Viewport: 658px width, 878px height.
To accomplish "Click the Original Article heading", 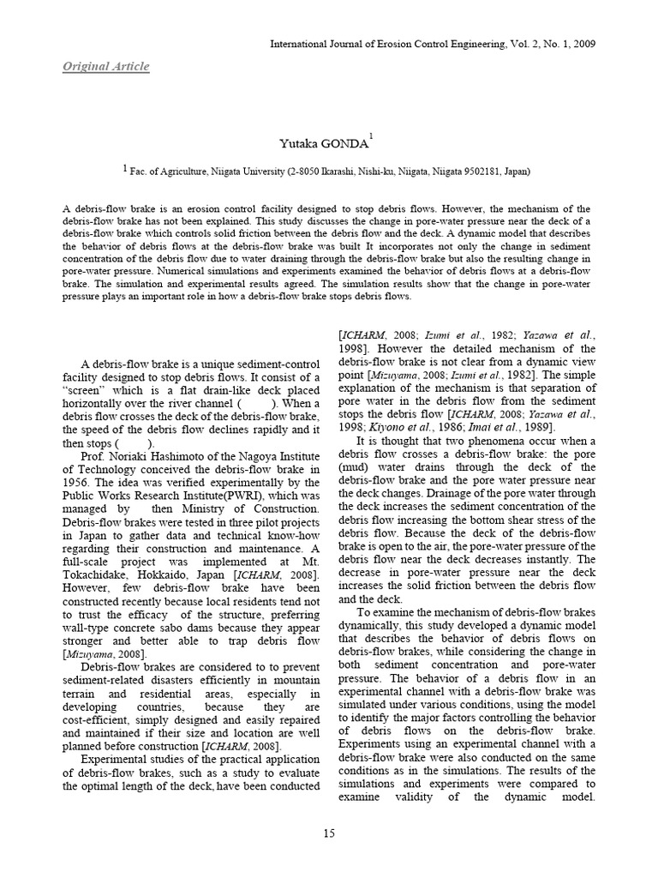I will click(x=106, y=67).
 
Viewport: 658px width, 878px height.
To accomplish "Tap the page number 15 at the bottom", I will click(x=329, y=833).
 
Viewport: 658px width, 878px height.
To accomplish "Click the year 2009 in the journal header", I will click(x=582, y=44).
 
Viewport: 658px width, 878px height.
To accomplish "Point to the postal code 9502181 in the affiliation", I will click(x=464, y=171).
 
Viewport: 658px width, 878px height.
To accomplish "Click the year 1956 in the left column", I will click(x=79, y=484).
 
